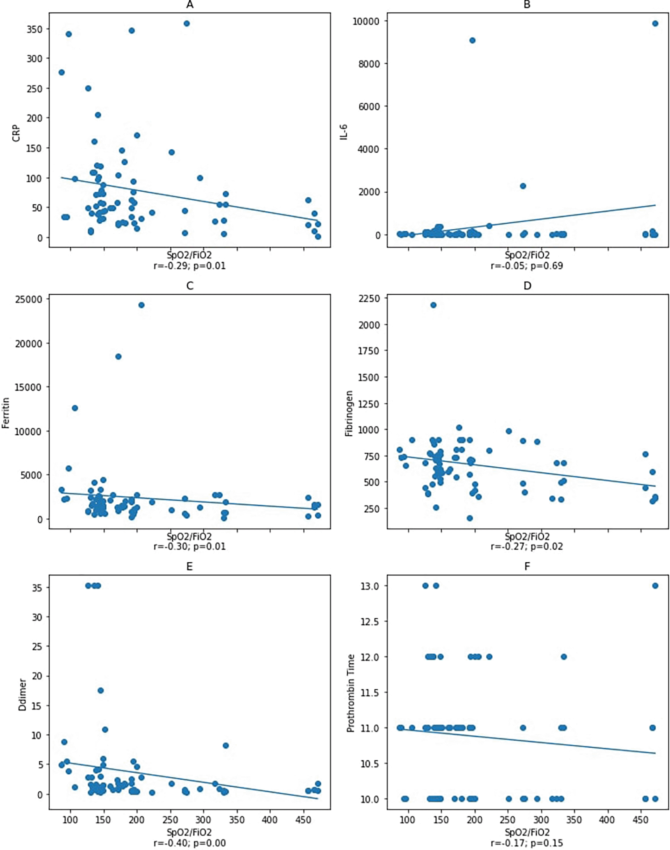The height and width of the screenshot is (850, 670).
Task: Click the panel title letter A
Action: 190,5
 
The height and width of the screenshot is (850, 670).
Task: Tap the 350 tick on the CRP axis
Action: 34,29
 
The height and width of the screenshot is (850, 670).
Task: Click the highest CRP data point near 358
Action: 187,24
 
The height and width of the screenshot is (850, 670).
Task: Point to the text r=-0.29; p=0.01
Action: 190,266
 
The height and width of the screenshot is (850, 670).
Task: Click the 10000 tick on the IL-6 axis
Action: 365,21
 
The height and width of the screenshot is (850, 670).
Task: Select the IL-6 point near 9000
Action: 472,40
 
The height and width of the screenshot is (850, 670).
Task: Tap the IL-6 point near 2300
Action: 523,186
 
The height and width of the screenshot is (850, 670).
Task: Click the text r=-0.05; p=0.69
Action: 527,266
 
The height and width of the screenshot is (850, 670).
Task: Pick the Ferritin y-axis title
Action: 5,413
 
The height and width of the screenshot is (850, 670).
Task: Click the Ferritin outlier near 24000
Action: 141,305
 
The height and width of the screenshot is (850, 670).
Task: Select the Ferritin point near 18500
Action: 119,357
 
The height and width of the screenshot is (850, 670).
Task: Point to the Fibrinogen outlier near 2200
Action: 433,305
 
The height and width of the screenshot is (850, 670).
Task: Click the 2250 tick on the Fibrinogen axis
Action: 369,298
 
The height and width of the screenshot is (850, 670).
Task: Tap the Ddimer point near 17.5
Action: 100,690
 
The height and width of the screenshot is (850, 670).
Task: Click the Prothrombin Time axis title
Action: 351,693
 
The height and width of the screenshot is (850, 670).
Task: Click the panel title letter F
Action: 527,567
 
